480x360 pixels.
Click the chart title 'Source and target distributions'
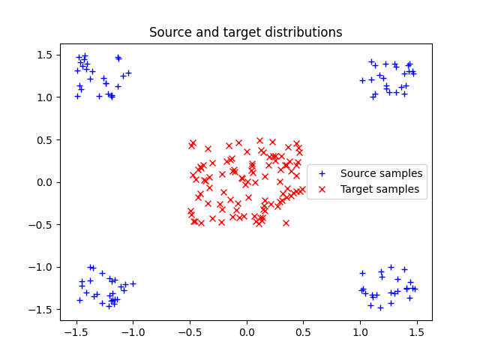[x=245, y=32]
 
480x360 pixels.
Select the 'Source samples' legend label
[x=381, y=173]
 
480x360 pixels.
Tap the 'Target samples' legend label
[x=379, y=189]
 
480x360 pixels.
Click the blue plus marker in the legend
[x=322, y=173]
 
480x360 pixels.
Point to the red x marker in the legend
[x=322, y=189]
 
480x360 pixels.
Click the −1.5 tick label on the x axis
[x=76, y=331]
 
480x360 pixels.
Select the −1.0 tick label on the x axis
[x=133, y=331]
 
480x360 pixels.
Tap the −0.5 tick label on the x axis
[x=190, y=331]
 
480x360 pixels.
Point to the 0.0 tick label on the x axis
[x=247, y=331]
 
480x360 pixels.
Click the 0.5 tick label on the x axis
[x=304, y=331]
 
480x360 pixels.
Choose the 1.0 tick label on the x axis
[x=360, y=331]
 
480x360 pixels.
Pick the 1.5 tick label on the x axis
[x=417, y=331]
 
